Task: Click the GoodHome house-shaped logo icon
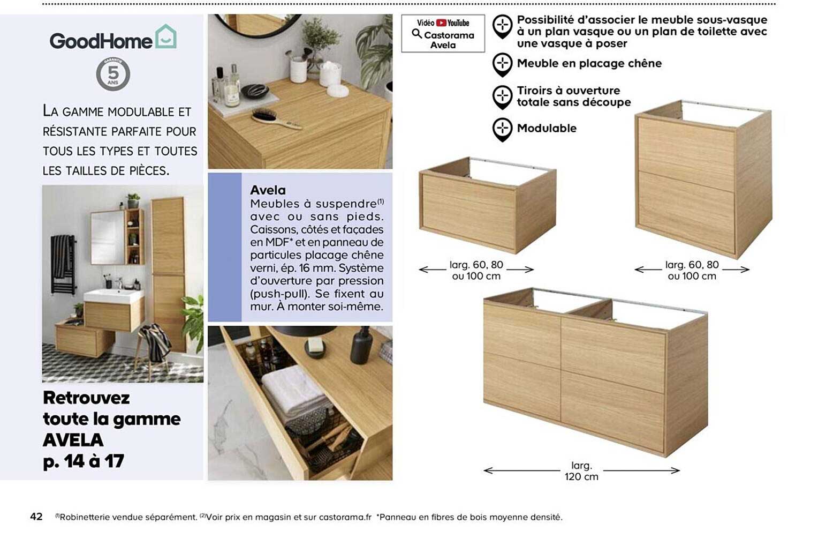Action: pos(165,36)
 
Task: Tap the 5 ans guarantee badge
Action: pos(113,74)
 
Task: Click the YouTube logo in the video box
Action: pos(453,23)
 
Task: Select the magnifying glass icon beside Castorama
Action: pos(416,34)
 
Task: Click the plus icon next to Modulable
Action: pos(502,129)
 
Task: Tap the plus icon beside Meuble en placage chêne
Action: pos(502,64)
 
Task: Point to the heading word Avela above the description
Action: pos(268,190)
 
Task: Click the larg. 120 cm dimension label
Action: pos(581,471)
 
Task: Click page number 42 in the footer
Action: pos(36,517)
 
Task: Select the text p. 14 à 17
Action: pos(84,461)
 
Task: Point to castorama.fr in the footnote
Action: pos(345,517)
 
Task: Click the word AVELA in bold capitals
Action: pos(73,440)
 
